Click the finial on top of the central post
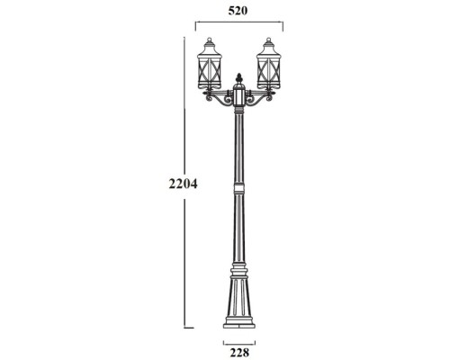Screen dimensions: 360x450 pos(240,77)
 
